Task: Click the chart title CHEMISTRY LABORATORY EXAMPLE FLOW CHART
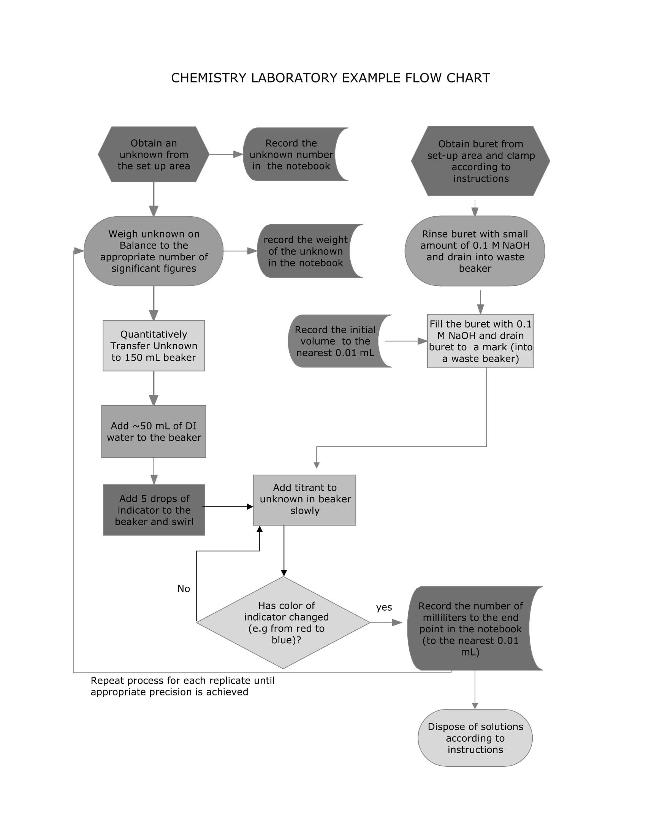coord(330,78)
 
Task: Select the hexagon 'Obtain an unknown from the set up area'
coord(154,154)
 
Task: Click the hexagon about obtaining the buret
coord(480,161)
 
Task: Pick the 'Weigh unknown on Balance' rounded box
coord(154,251)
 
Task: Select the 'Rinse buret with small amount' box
coord(475,251)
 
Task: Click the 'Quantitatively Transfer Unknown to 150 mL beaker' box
coord(154,345)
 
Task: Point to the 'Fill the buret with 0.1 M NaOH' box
coord(480,341)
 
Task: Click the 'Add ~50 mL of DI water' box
coord(154,431)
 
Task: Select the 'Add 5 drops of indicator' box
coord(154,510)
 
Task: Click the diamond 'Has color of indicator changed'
coord(283,623)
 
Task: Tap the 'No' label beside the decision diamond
coord(183,589)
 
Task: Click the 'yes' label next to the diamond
coord(384,608)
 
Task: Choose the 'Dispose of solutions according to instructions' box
coord(475,738)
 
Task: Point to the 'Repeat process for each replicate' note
coord(182,686)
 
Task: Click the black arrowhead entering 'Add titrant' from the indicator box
coord(250,507)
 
